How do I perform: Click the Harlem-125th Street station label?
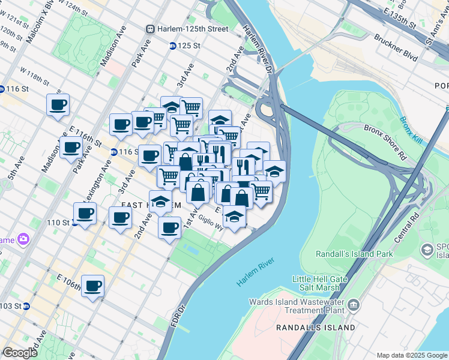(x=192, y=29)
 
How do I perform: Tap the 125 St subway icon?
(x=172, y=46)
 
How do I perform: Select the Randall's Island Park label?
(x=354, y=254)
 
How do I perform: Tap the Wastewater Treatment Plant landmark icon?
(x=354, y=306)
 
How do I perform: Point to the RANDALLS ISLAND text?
(x=315, y=328)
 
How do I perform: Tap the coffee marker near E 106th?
(x=93, y=286)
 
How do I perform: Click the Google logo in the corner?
(x=20, y=353)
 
